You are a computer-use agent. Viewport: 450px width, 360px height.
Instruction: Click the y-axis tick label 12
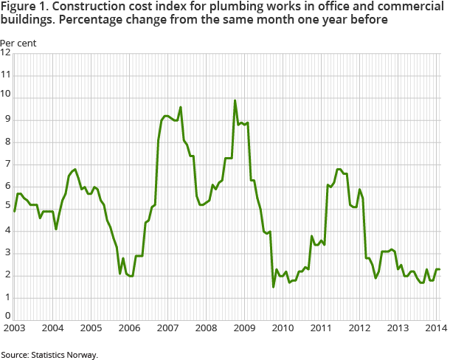pos(6,53)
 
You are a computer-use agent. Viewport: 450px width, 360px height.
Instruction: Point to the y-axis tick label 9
pos(6,120)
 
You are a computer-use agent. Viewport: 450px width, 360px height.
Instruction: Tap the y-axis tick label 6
pos(6,187)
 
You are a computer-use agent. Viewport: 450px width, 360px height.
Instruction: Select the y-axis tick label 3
pos(6,254)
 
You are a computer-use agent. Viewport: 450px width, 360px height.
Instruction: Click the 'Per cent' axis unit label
pos(18,42)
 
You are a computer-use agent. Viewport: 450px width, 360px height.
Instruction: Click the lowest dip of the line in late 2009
pos(273,286)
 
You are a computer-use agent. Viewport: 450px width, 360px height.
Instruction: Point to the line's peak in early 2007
pos(181,107)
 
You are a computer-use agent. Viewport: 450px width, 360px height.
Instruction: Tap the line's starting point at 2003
pos(15,211)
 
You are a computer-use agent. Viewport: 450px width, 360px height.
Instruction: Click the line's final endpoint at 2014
pos(440,269)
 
